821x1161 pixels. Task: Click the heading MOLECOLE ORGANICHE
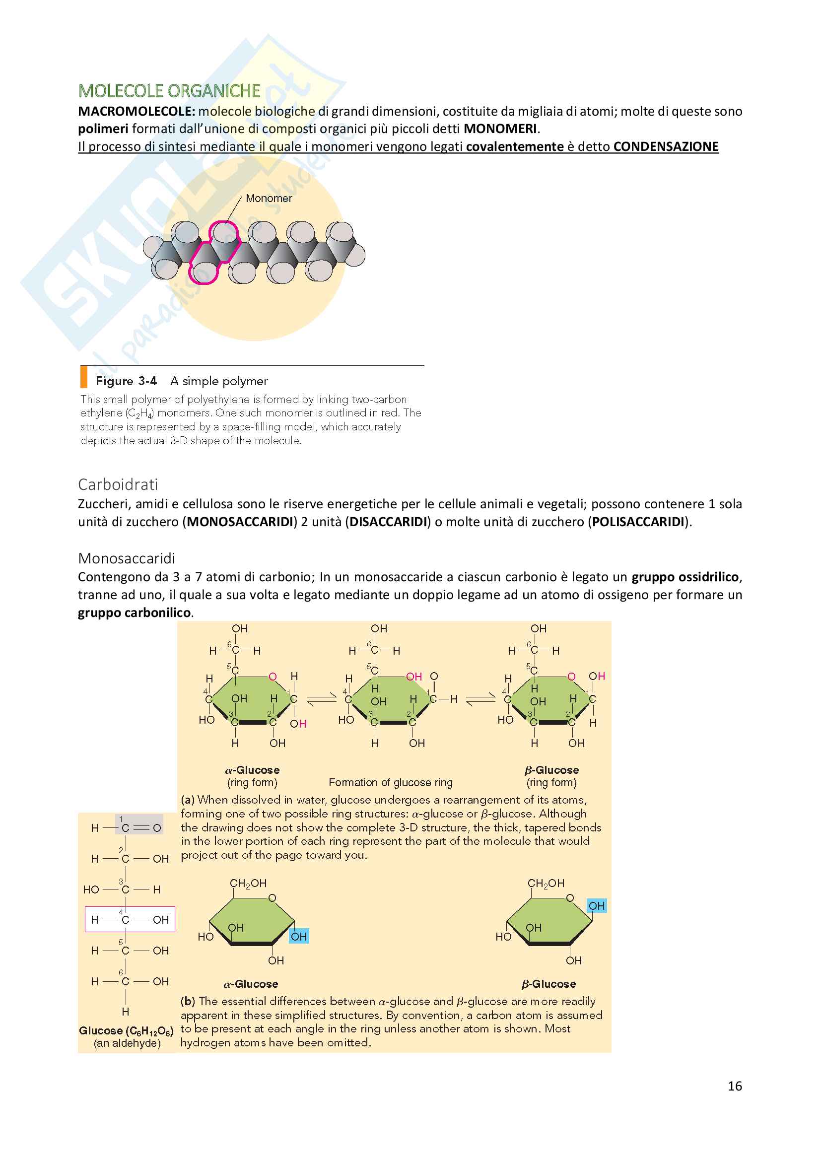169,91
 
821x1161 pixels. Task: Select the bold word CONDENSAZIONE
666,146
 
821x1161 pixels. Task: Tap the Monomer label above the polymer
269,198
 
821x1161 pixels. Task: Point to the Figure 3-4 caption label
127,381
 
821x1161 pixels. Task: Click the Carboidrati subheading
118,484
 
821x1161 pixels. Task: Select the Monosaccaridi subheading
127,558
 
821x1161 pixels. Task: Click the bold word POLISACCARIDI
638,521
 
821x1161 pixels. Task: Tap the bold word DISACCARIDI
389,521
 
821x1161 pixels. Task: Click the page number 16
735,1086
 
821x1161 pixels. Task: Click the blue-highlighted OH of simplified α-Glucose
299,937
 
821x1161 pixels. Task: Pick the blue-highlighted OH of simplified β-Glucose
597,906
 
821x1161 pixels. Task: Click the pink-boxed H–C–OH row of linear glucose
130,920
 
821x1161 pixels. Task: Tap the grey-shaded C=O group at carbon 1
139,828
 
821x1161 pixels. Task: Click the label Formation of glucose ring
390,783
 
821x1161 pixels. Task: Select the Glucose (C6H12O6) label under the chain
127,1030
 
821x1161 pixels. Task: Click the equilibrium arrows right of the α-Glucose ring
322,699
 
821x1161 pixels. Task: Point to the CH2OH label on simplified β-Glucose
546,884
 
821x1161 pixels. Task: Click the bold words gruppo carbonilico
135,613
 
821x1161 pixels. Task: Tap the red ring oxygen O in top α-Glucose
273,677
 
